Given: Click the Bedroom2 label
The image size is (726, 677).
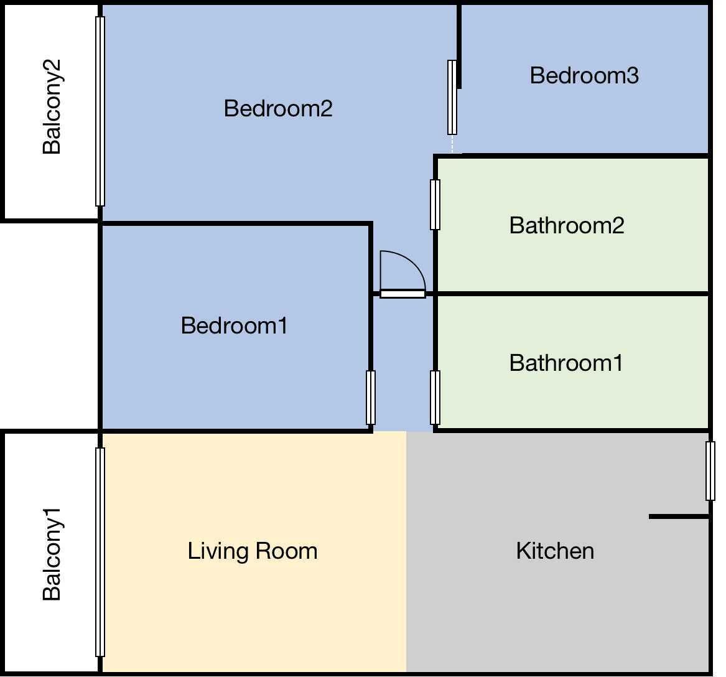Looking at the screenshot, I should point(278,108).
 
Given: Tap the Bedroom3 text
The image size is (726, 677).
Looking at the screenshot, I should point(584,75).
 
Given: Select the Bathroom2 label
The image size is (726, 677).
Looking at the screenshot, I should point(566,225).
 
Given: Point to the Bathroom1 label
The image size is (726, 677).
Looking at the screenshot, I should point(565,363).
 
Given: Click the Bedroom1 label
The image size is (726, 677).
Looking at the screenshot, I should point(234,325).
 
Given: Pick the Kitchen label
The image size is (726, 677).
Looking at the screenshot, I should point(554,551).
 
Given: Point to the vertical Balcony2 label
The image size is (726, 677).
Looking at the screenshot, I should point(52,106).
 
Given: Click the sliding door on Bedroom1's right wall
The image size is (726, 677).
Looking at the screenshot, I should point(371,398).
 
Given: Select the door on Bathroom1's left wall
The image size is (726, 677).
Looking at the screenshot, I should point(435,398).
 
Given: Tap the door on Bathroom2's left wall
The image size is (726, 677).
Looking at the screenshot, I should point(435,205).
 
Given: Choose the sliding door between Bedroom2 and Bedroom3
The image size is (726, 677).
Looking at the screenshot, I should point(452,97).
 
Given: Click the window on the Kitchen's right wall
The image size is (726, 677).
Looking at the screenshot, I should point(710,471).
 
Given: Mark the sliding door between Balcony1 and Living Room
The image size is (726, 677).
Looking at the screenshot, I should point(100,552).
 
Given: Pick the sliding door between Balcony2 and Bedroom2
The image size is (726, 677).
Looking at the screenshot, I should point(100,111).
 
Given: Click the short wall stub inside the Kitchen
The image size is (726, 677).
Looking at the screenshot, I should point(678,516).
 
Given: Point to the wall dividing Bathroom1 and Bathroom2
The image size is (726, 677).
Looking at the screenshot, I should point(572,293).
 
